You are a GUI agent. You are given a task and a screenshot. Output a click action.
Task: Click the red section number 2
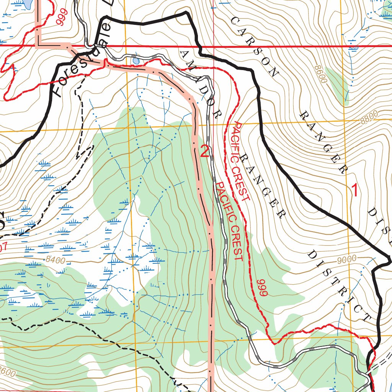(204, 152)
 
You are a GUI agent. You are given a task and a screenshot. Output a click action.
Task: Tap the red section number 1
(355, 190)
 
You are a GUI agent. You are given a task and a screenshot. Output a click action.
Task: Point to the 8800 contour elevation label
(369, 117)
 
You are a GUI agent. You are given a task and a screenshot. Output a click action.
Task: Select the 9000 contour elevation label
(347, 260)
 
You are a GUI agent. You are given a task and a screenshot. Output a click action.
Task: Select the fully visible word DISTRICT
(338, 286)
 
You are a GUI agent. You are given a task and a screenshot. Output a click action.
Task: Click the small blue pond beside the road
(135, 60)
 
